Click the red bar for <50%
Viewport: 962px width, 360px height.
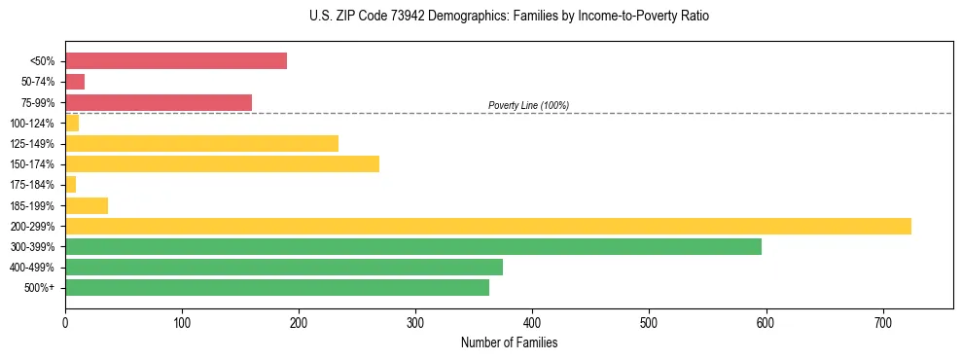(x=176, y=60)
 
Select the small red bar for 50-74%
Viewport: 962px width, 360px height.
(x=75, y=82)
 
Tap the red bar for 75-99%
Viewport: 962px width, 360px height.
(x=159, y=102)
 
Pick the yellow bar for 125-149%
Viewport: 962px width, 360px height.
(x=201, y=143)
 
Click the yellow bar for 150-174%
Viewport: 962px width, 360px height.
(x=222, y=163)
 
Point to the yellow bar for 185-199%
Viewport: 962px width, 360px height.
(x=87, y=205)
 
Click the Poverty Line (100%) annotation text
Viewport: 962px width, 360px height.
(x=528, y=105)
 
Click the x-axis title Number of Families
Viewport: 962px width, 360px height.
(x=509, y=342)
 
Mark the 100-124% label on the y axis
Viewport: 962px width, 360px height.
(x=32, y=124)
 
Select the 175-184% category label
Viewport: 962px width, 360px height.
(x=32, y=185)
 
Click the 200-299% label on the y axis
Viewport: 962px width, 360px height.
(x=32, y=226)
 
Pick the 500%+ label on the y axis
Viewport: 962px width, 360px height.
(x=38, y=288)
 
